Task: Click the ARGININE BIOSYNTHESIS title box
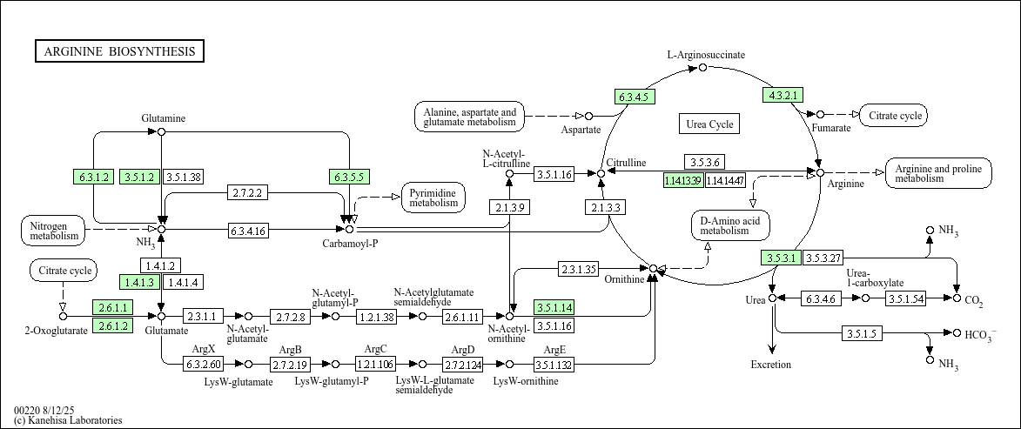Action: pyautogui.click(x=119, y=51)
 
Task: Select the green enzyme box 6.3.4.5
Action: pyautogui.click(x=635, y=97)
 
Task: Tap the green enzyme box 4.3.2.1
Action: pyautogui.click(x=783, y=95)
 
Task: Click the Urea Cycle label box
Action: pyautogui.click(x=709, y=124)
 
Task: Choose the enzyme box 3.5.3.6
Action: pyautogui.click(x=704, y=162)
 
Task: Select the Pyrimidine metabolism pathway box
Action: pyautogui.click(x=433, y=198)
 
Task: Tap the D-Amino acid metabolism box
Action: pyautogui.click(x=731, y=225)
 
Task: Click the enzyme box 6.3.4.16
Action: pyautogui.click(x=247, y=231)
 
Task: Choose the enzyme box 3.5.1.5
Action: pyautogui.click(x=863, y=333)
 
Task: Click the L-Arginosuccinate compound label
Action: pyautogui.click(x=706, y=55)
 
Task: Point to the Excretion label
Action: pyautogui.click(x=771, y=365)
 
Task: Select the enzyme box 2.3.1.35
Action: pyautogui.click(x=578, y=269)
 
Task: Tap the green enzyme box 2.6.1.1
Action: pyautogui.click(x=112, y=308)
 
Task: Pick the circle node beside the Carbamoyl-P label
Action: pyautogui.click(x=349, y=230)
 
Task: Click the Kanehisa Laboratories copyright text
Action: pyautogui.click(x=68, y=421)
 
